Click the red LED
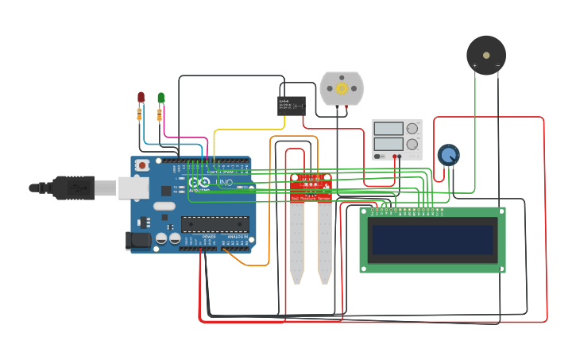[x=141, y=97]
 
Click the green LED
[x=161, y=98]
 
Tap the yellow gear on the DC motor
[x=342, y=88]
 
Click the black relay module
[x=292, y=105]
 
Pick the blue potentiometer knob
[x=448, y=154]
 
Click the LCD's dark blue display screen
[x=432, y=239]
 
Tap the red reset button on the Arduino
[x=142, y=165]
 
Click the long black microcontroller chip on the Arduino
[x=215, y=224]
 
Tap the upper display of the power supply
[x=389, y=129]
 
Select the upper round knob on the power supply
[x=412, y=129]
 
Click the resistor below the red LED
[x=140, y=116]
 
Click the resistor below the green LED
[x=160, y=116]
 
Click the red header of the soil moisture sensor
[x=311, y=186]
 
